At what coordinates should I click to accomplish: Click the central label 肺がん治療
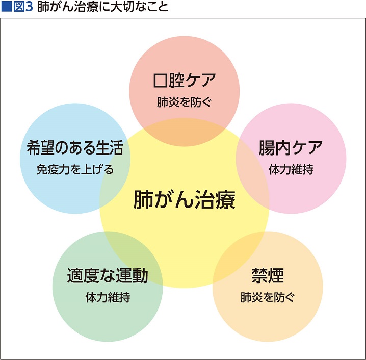tap(185, 199)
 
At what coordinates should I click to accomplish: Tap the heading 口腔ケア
tap(185, 80)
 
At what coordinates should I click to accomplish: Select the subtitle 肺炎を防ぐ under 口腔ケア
tap(184, 102)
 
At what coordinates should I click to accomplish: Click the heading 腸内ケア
tap(291, 148)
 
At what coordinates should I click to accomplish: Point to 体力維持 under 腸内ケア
tap(291, 169)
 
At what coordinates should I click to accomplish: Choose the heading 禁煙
tap(268, 275)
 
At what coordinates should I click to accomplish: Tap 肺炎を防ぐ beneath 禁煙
tap(268, 297)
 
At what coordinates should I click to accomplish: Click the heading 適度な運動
tap(108, 275)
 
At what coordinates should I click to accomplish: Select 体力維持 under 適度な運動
tap(108, 297)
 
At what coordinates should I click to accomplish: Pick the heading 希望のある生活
tap(75, 148)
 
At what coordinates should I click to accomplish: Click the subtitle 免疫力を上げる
tap(75, 169)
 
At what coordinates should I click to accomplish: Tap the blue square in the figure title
tap(6, 7)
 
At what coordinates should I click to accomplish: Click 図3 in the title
tap(23, 7)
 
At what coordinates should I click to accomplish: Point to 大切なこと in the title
tap(139, 7)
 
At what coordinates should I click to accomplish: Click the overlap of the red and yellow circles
tap(185, 133)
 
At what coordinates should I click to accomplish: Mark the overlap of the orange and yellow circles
tap(239, 257)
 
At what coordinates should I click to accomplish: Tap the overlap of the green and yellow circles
tap(130, 257)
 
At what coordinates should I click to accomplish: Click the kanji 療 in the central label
tap(225, 199)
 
